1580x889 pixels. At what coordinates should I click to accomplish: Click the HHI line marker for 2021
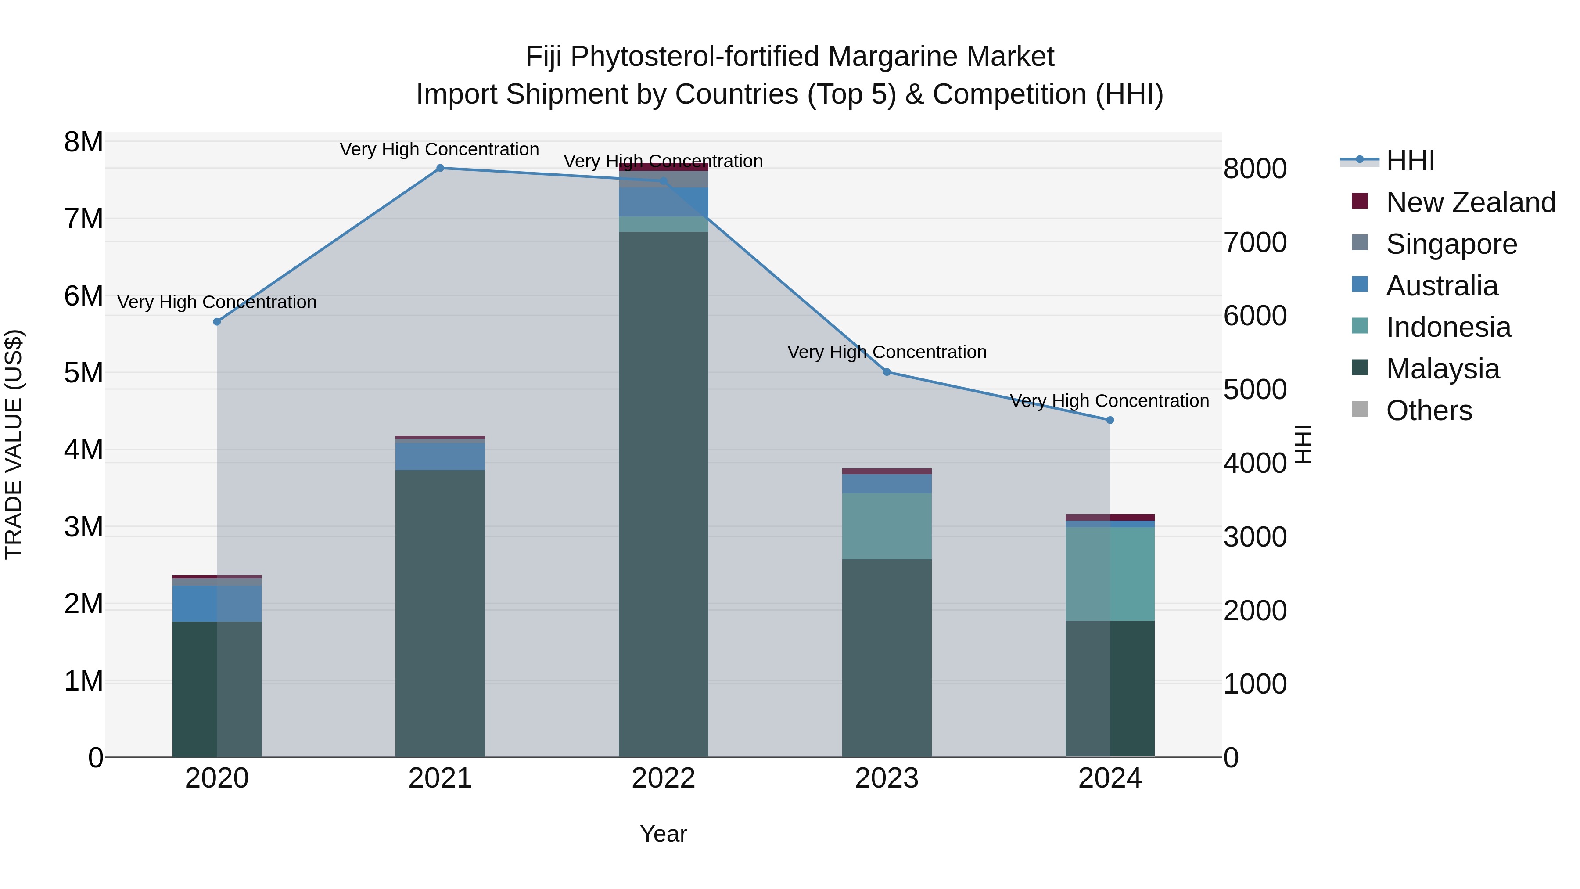[x=440, y=168]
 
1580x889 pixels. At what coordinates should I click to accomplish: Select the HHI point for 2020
[x=216, y=321]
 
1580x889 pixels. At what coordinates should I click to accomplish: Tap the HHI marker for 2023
[x=886, y=372]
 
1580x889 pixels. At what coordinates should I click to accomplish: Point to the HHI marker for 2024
[x=1110, y=420]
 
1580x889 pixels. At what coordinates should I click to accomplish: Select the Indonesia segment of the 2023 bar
[x=886, y=526]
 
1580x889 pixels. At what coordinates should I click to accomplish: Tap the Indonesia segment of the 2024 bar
[x=1110, y=574]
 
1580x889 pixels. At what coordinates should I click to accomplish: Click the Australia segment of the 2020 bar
[x=216, y=603]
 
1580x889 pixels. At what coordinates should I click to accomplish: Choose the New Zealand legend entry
[x=1470, y=202]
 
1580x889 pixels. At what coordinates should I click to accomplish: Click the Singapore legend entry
[x=1451, y=244]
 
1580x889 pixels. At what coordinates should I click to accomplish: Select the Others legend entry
[x=1429, y=410]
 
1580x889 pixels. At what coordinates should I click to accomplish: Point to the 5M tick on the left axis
[x=83, y=372]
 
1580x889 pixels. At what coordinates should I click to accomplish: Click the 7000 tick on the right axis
[x=1255, y=242]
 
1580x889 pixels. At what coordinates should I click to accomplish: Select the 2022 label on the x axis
[x=663, y=778]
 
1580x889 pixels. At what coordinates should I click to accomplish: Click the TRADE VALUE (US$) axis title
[x=14, y=444]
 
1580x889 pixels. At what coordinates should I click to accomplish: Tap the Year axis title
[x=663, y=834]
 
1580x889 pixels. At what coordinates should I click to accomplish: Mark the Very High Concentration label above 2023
[x=886, y=352]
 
